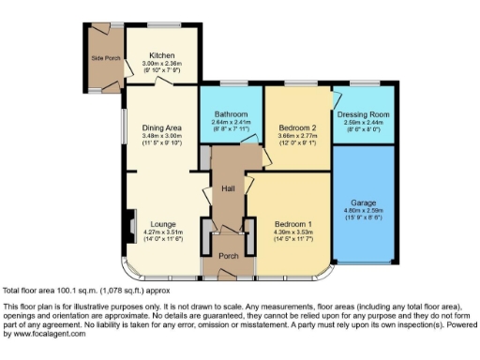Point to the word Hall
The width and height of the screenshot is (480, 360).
click(x=227, y=189)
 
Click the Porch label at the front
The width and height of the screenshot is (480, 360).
click(x=228, y=255)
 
